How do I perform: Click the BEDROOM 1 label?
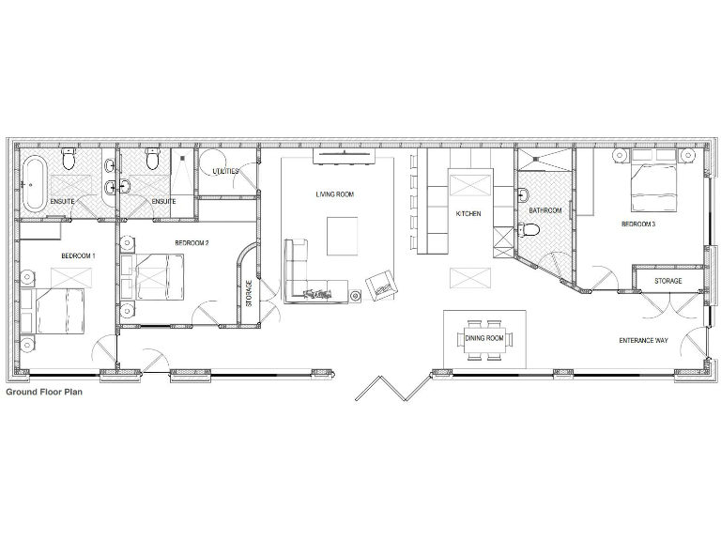click(78, 255)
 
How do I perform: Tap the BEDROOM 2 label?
click(192, 243)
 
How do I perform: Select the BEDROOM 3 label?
click(637, 224)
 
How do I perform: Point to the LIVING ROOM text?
click(334, 194)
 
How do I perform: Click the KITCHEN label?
click(468, 214)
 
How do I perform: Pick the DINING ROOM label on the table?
click(484, 338)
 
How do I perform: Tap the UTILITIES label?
click(225, 172)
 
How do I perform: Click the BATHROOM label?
click(545, 210)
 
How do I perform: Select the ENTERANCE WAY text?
click(643, 339)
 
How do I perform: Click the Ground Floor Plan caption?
click(44, 392)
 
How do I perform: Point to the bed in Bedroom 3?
click(660, 182)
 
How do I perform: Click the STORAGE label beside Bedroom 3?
click(667, 281)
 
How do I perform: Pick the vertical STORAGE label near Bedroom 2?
click(249, 293)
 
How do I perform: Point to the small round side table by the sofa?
click(356, 297)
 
